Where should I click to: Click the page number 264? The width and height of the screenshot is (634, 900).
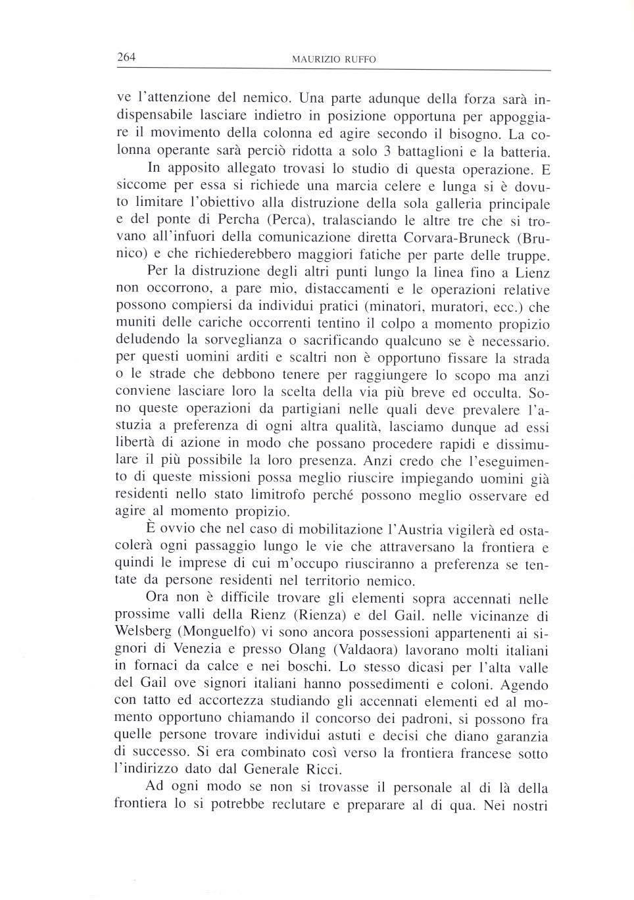point(126,57)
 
